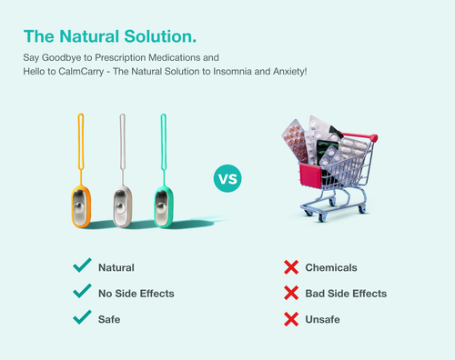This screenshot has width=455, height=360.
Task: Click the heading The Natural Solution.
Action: (x=109, y=37)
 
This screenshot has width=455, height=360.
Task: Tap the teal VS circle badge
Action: (x=227, y=178)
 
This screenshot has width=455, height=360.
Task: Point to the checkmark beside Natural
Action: (x=82, y=267)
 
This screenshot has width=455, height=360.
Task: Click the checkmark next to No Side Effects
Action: (x=82, y=293)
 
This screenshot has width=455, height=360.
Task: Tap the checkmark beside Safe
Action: (x=82, y=318)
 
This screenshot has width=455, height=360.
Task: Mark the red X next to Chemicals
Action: (x=291, y=267)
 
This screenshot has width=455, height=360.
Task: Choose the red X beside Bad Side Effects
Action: (x=291, y=293)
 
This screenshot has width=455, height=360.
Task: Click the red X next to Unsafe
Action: (x=291, y=319)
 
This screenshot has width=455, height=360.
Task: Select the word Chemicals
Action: (x=331, y=268)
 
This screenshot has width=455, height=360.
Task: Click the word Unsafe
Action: (x=324, y=319)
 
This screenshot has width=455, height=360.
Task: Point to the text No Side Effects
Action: (x=136, y=294)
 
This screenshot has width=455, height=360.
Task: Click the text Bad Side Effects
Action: (x=347, y=294)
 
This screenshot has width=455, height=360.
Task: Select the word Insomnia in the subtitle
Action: (x=227, y=70)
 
